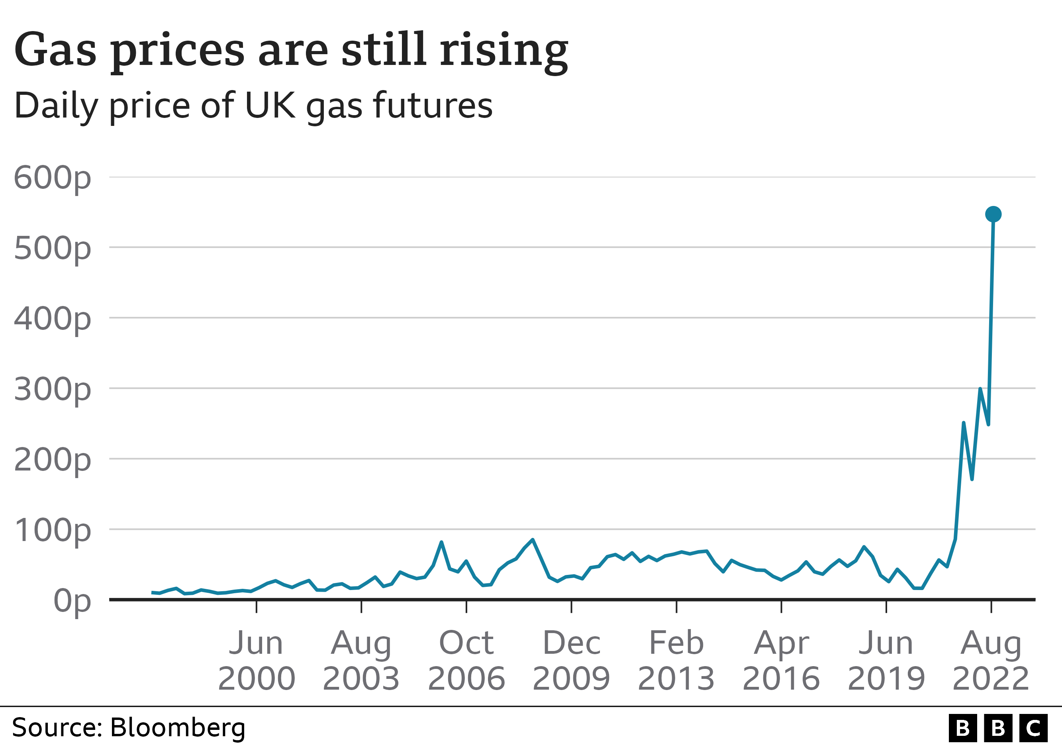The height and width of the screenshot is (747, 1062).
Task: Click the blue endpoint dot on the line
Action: pyautogui.click(x=993, y=214)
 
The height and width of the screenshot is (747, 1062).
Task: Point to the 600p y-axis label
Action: pyautogui.click(x=52, y=178)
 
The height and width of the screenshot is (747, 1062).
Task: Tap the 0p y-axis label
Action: pyautogui.click(x=72, y=601)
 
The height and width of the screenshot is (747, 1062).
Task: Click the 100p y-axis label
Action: pyautogui.click(x=52, y=530)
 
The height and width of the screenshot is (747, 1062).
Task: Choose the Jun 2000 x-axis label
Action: pyautogui.click(x=256, y=661)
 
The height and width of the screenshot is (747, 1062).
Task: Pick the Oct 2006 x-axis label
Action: pyautogui.click(x=466, y=661)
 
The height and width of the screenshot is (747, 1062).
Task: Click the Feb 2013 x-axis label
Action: pyautogui.click(x=676, y=661)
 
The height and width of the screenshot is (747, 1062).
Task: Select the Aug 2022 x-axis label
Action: pyautogui.click(x=991, y=661)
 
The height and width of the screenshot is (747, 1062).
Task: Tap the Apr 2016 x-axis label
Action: pyautogui.click(x=781, y=661)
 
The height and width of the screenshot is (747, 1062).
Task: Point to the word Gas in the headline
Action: pyautogui.click(x=55, y=50)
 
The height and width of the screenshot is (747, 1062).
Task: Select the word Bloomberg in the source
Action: pyautogui.click(x=178, y=727)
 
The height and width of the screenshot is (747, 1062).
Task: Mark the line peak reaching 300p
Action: pyautogui.click(x=980, y=390)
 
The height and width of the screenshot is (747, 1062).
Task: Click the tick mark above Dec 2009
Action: pyautogui.click(x=572, y=606)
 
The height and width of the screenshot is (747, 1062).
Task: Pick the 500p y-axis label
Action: pyautogui.click(x=52, y=248)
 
